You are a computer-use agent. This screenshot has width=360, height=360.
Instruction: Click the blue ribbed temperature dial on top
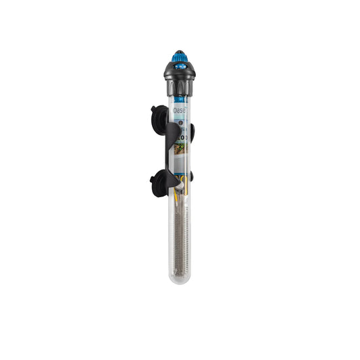click(x=179, y=57)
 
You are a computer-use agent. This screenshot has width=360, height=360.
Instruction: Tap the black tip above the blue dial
click(x=179, y=51)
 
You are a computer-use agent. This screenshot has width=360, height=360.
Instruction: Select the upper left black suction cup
click(x=158, y=115)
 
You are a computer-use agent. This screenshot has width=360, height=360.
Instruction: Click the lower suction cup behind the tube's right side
click(x=192, y=176)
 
